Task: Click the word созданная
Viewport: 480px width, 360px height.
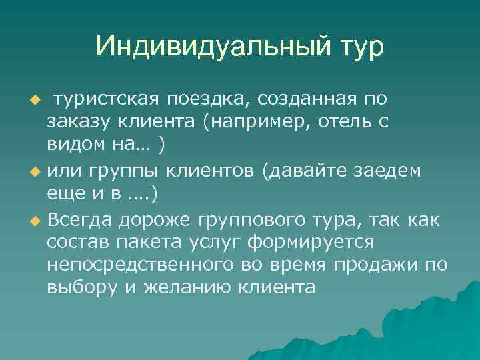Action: click(x=302, y=99)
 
